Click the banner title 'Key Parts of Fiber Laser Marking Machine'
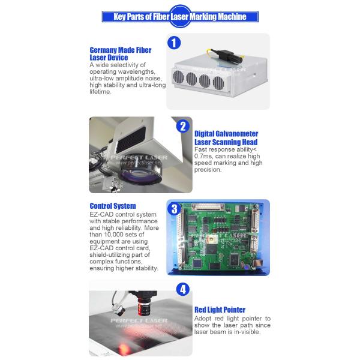180,17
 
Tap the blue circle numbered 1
174,43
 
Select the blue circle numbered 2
183,126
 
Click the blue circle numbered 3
174,209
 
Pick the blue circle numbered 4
183,289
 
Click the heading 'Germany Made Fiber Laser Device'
121,54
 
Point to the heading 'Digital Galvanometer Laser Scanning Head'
226,138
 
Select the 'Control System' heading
113,206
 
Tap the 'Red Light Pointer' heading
220,310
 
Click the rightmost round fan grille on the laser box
218,83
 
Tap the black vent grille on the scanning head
131,139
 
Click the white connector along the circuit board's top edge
208,206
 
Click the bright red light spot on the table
124,349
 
